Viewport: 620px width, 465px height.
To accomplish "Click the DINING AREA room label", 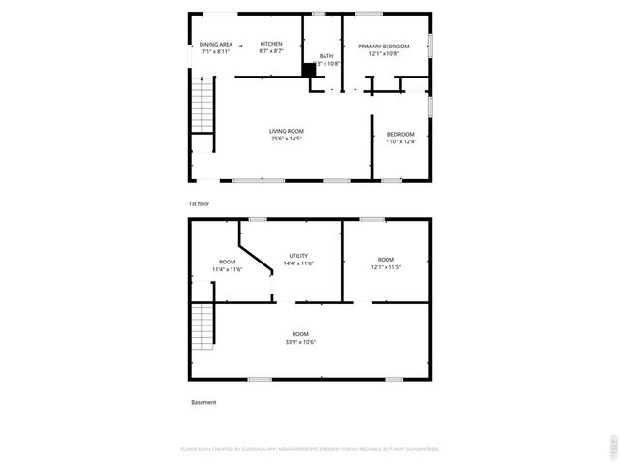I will pyautogui.click(x=215, y=45).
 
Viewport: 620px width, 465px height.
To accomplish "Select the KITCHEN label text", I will pyautogui.click(x=271, y=45).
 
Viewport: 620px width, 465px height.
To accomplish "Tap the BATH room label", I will pyautogui.click(x=326, y=56).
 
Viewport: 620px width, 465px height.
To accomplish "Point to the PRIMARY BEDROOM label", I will pyautogui.click(x=378, y=46).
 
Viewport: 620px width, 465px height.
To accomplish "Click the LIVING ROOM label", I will pyautogui.click(x=287, y=131).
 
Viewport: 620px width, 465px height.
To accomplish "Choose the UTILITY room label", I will pyautogui.click(x=298, y=256).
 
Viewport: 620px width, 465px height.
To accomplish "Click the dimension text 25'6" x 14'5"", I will pyautogui.click(x=287, y=139).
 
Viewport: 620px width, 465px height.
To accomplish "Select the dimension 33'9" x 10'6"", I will pyautogui.click(x=300, y=342).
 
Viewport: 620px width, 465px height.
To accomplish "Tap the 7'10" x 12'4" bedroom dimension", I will pyautogui.click(x=400, y=142).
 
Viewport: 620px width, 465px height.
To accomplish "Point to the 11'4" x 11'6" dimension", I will pyautogui.click(x=227, y=269).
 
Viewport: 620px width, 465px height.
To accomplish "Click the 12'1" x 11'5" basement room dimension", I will pyautogui.click(x=386, y=267).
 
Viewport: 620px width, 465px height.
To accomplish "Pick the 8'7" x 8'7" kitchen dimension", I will pyautogui.click(x=271, y=52).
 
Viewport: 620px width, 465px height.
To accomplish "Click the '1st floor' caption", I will pyautogui.click(x=199, y=204).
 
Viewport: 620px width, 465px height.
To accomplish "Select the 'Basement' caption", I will pyautogui.click(x=203, y=402).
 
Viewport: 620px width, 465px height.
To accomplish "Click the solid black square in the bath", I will pyautogui.click(x=309, y=70).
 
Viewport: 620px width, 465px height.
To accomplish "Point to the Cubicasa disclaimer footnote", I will pyautogui.click(x=310, y=449).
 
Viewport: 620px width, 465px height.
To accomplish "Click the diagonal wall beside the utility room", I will pyautogui.click(x=256, y=254).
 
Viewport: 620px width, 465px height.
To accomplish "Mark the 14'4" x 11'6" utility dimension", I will pyautogui.click(x=298, y=263).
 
